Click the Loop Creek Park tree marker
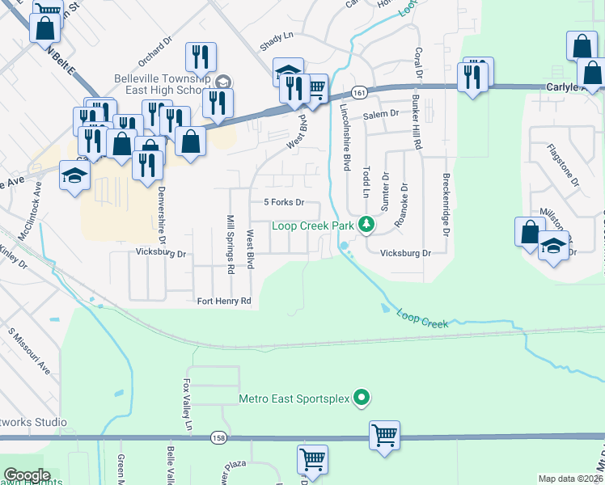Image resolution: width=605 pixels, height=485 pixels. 366,224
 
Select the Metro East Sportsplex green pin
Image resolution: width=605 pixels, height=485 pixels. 362,398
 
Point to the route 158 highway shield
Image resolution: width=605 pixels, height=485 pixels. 218,437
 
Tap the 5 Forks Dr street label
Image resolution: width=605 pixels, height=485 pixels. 283,202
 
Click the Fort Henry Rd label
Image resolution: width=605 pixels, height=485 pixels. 224,302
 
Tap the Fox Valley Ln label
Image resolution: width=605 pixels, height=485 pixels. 188,404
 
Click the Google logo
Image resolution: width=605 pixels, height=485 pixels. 27,475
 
